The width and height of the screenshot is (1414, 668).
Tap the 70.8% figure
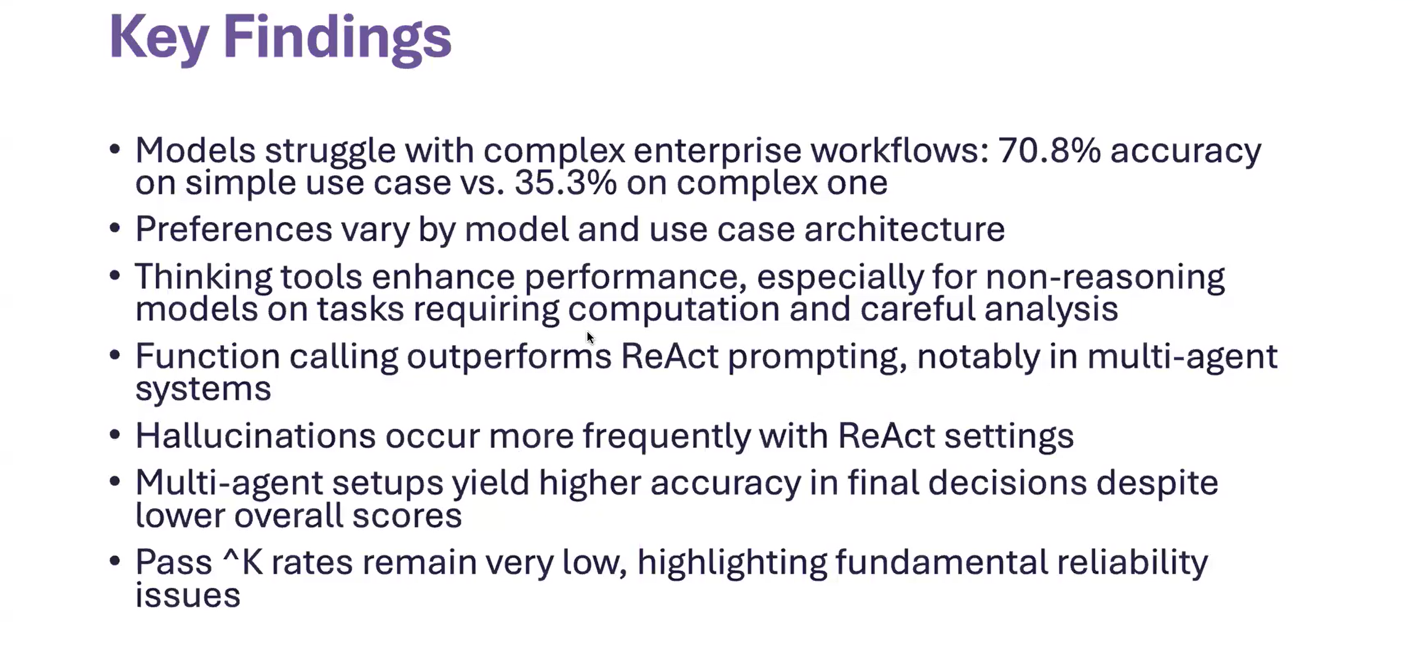pos(1050,150)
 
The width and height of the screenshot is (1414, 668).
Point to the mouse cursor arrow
pos(591,338)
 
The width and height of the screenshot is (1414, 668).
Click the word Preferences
pos(234,229)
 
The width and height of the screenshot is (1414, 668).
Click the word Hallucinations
pos(255,435)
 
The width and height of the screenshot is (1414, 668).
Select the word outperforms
pos(509,357)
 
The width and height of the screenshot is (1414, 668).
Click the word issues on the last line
pos(188,595)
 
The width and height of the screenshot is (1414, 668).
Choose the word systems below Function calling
pos(203,389)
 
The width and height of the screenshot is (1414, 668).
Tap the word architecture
pos(905,229)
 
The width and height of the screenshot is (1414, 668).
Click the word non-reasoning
pos(1105,277)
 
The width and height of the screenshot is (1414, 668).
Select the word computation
pos(674,309)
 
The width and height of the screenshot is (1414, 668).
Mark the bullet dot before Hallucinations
pos(114,434)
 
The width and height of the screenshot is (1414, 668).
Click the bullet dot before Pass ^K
pos(114,561)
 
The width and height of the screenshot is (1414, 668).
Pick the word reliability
pos(1132,562)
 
